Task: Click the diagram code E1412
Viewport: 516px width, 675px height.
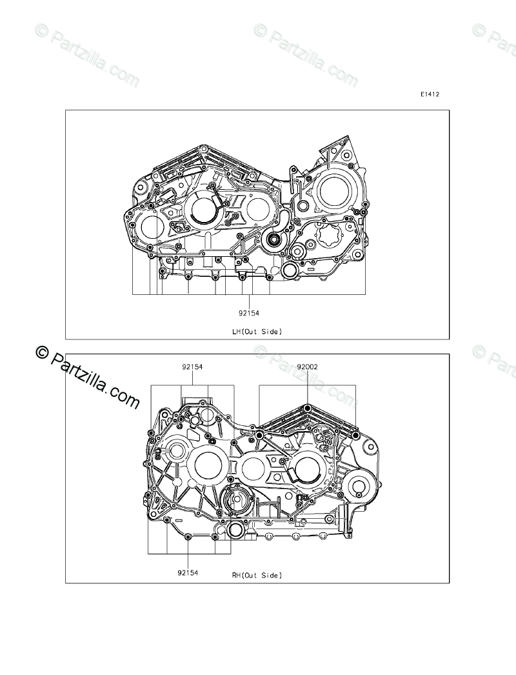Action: coord(430,94)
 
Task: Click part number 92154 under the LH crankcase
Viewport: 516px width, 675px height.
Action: coord(249,314)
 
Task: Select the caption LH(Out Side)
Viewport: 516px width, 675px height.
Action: coord(257,332)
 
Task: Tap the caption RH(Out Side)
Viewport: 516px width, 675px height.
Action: coord(257,575)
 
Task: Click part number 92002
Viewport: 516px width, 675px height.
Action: coord(307,367)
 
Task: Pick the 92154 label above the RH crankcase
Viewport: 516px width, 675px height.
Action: coord(192,367)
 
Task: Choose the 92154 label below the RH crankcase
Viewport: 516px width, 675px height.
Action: coord(188,572)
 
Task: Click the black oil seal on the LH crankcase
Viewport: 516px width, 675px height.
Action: coord(273,239)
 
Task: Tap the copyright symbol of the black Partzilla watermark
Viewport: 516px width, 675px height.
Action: coord(42,353)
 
